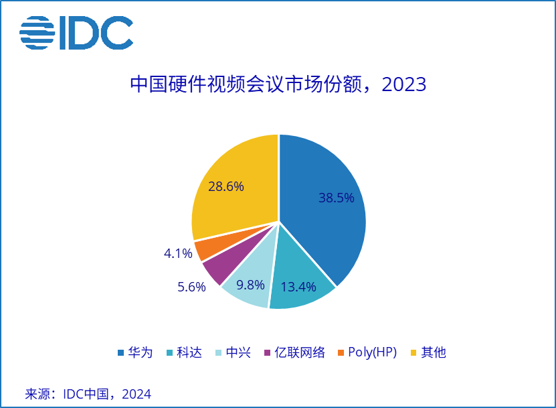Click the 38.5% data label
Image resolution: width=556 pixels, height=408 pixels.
pyautogui.click(x=336, y=198)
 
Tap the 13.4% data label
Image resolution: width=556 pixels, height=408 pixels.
pyautogui.click(x=298, y=287)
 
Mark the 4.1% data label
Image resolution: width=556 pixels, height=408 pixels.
pyautogui.click(x=177, y=253)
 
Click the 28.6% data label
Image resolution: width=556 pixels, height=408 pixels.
pyautogui.click(x=225, y=187)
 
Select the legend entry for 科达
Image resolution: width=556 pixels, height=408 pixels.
pyautogui.click(x=183, y=352)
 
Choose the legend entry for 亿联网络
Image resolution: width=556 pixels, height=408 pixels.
pyautogui.click(x=294, y=352)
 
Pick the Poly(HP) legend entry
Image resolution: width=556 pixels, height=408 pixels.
pyautogui.click(x=367, y=352)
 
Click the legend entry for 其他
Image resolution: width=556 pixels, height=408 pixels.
pyautogui.click(x=428, y=352)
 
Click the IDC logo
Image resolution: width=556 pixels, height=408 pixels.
pyautogui.click(x=76, y=33)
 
